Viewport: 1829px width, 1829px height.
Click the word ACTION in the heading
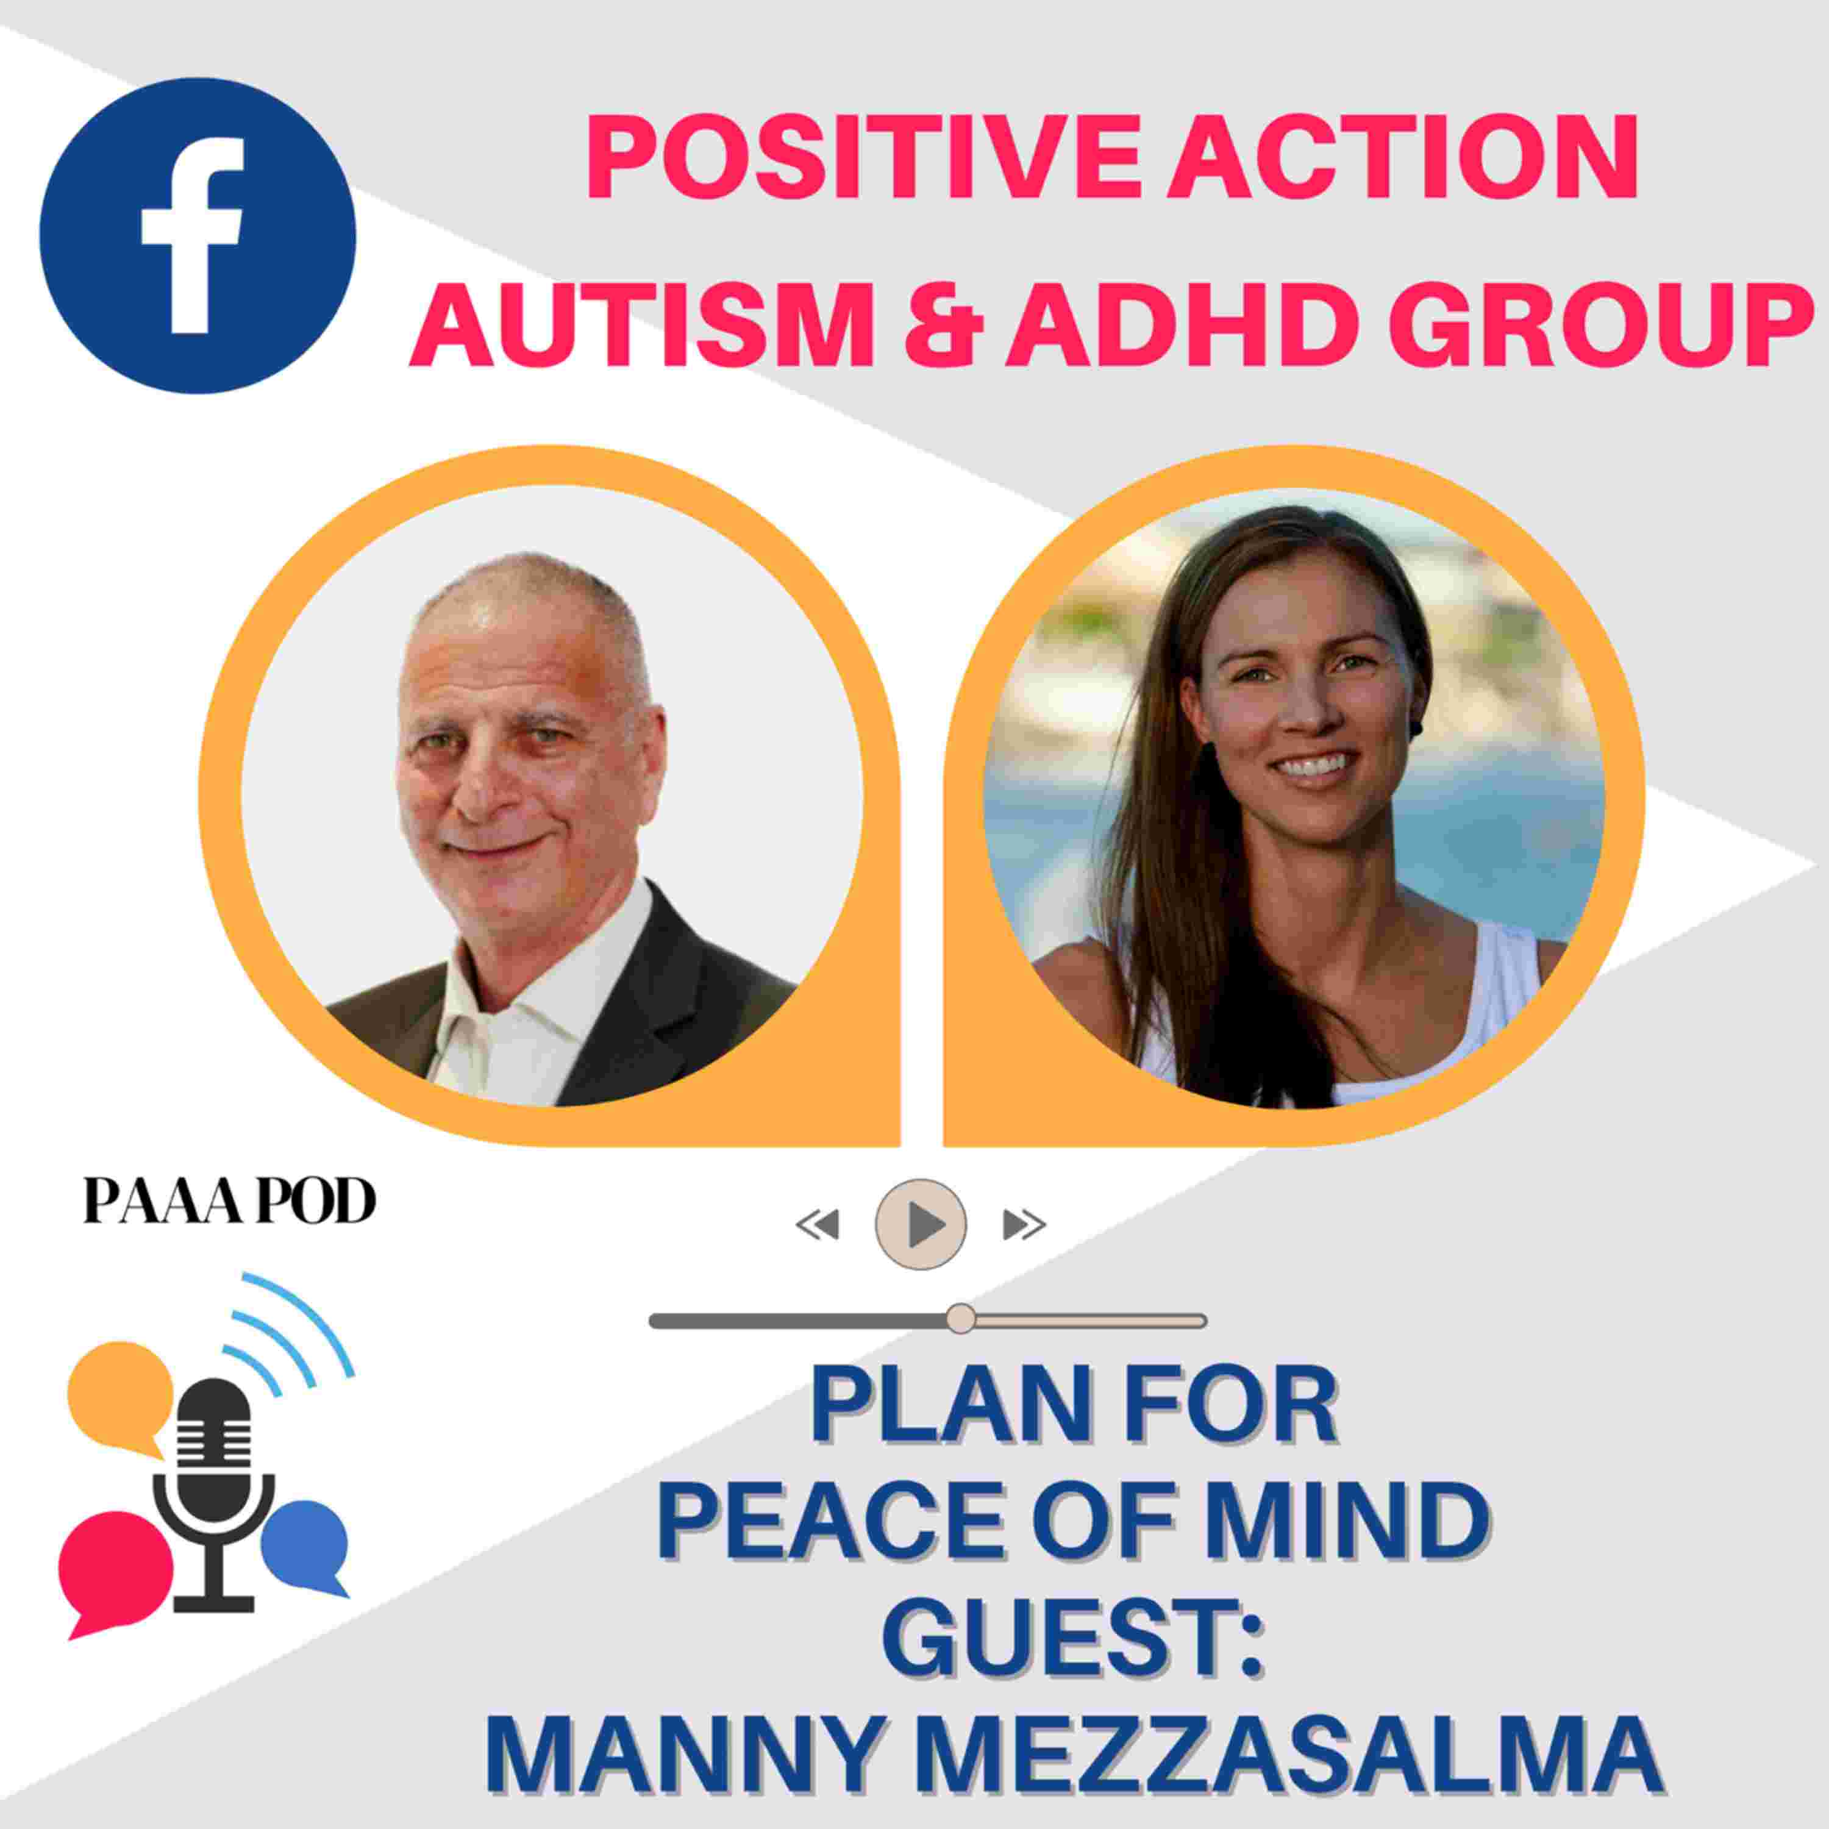pos(1388,157)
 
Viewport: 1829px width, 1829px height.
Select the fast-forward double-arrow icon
pos(1024,1225)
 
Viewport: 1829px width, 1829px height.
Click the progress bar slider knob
pos(960,1317)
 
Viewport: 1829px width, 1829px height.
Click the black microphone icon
pos(215,1495)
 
